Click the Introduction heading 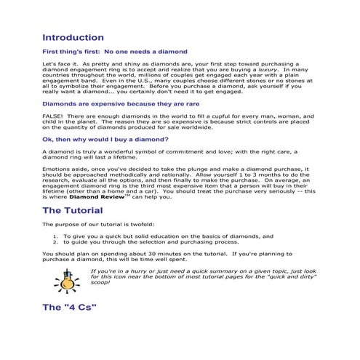73,37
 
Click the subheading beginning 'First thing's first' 115,52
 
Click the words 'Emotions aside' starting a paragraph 63,167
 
